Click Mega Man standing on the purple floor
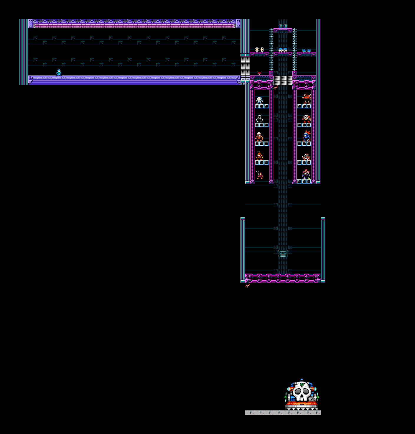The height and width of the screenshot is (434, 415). click(59, 73)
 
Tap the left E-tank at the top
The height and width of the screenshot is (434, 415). click(281, 26)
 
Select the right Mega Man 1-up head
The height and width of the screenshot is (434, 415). click(285, 50)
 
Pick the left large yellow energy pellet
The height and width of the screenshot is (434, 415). click(257, 50)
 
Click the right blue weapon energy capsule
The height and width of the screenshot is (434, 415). click(309, 50)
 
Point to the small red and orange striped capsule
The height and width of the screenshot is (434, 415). click(259, 73)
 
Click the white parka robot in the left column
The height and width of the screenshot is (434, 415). click(259, 100)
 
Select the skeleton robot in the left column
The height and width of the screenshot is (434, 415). click(259, 119)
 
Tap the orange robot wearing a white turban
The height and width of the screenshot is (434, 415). click(259, 137)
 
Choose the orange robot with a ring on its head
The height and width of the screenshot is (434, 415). click(259, 156)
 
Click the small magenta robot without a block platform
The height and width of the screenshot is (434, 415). click(259, 175)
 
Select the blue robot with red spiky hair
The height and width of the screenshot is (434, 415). click(307, 136)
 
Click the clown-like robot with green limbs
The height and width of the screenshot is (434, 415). click(307, 174)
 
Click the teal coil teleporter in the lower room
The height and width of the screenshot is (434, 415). click(283, 254)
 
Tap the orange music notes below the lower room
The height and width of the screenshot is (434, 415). click(248, 285)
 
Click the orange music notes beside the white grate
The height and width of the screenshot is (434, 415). click(276, 88)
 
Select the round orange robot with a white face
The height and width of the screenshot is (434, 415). click(307, 119)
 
